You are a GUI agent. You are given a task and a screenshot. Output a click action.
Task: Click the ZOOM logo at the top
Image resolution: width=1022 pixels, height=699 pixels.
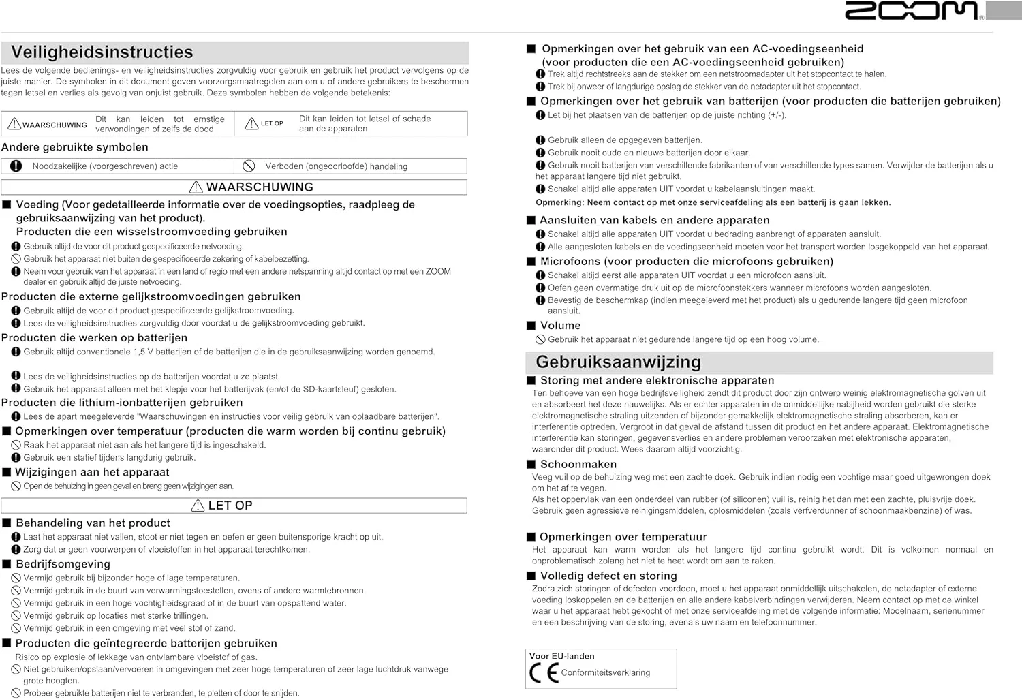[912, 11]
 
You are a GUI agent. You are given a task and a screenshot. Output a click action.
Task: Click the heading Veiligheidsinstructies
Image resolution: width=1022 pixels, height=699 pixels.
[102, 52]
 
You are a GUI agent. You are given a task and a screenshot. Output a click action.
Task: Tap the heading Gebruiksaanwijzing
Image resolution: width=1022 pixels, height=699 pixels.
[618, 362]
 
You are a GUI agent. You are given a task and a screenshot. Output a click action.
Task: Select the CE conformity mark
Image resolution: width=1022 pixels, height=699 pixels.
[544, 673]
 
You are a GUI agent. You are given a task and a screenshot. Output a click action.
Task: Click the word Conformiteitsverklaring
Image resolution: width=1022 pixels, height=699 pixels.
[605, 673]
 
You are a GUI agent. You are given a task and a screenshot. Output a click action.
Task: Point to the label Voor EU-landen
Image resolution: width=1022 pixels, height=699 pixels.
[561, 656]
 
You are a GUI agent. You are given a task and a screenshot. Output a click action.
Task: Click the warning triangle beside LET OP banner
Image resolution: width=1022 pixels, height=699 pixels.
[198, 506]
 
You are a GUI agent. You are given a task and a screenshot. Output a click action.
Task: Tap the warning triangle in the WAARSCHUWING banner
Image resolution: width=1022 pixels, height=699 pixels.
[196, 187]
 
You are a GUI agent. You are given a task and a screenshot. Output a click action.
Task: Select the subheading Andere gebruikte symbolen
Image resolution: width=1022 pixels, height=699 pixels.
[75, 147]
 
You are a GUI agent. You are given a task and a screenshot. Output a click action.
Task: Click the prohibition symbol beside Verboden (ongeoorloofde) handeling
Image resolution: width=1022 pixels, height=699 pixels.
[249, 166]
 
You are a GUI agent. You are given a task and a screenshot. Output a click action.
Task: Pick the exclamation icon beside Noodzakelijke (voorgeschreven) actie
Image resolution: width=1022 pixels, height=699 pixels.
[16, 166]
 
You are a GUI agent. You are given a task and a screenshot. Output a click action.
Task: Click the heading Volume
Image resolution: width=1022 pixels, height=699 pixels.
[560, 326]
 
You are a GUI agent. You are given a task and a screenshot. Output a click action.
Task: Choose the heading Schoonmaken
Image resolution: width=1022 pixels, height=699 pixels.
[578, 465]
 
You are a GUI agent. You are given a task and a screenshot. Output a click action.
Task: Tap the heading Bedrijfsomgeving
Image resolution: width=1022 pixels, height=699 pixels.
[63, 564]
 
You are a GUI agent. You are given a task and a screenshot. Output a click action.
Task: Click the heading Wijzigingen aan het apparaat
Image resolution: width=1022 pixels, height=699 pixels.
[92, 472]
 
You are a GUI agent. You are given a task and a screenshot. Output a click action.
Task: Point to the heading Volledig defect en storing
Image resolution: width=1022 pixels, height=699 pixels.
[608, 576]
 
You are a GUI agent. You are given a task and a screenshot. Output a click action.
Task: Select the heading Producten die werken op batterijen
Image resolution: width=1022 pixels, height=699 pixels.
[94, 338]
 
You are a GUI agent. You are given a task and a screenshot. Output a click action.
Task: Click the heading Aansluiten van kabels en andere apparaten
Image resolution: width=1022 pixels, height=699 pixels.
[654, 220]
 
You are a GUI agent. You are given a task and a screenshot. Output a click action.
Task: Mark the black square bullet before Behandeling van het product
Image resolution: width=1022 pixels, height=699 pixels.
[7, 523]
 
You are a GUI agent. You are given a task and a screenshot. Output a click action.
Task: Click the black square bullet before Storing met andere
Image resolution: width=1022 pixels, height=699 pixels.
[531, 381]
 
